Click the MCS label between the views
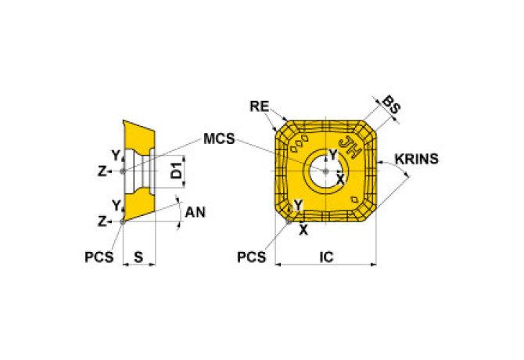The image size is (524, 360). pyautogui.click(x=219, y=139)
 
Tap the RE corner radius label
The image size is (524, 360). pyautogui.click(x=260, y=106)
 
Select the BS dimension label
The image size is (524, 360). pyautogui.click(x=391, y=105)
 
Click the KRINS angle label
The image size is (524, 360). pyautogui.click(x=417, y=159)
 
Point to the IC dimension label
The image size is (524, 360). pyautogui.click(x=326, y=257)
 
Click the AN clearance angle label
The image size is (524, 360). pyautogui.click(x=196, y=212)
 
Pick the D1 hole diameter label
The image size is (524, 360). pyautogui.click(x=177, y=170)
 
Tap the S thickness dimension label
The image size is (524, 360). pyautogui.click(x=138, y=257)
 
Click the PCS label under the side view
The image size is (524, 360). pyautogui.click(x=99, y=257)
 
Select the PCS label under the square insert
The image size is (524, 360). pyautogui.click(x=251, y=257)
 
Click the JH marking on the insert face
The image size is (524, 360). pyautogui.click(x=350, y=146)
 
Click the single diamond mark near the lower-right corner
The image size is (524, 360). pyautogui.click(x=354, y=200)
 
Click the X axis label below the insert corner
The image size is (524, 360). pyautogui.click(x=303, y=230)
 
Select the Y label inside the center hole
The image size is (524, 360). pyautogui.click(x=333, y=155)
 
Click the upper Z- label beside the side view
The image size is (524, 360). pyautogui.click(x=103, y=171)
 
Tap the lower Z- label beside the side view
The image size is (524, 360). pyautogui.click(x=103, y=221)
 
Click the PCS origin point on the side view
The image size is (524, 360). pyautogui.click(x=123, y=221)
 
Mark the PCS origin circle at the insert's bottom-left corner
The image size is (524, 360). pyautogui.click(x=289, y=221)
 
